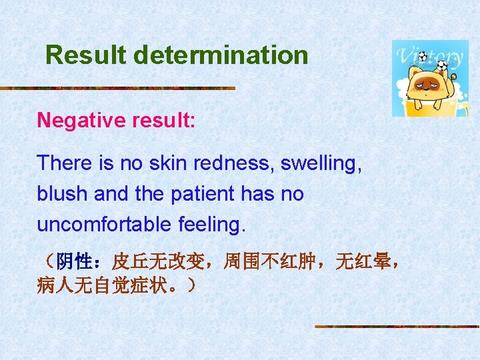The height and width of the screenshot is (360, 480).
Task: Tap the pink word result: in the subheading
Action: pyautogui.click(x=162, y=120)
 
